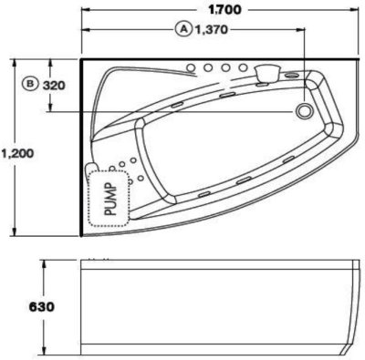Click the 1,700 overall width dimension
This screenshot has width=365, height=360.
pos(224,10)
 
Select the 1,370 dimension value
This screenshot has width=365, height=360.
pos(211,29)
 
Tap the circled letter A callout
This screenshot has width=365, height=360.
pos(183,29)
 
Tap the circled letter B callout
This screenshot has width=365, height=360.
pos(30,83)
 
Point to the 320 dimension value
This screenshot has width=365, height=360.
pos(54,86)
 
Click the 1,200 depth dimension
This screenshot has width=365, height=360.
pos(17,153)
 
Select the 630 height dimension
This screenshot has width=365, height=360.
pos(42,307)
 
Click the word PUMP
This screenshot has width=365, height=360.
pos(110,199)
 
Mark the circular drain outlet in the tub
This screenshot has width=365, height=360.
pos(303,111)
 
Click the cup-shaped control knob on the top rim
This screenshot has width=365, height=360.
pos(267,73)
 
